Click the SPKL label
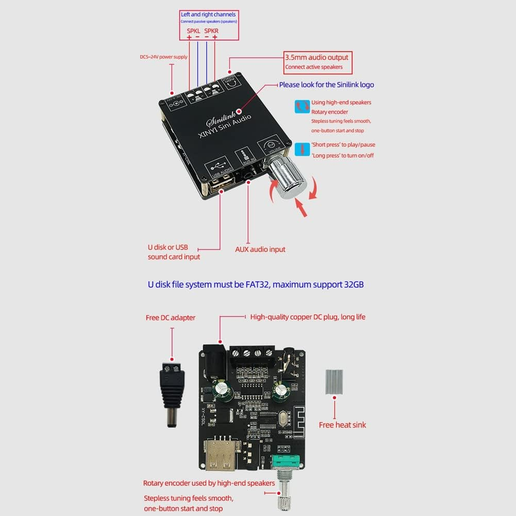tap(193, 30)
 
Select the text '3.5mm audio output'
tap(317, 57)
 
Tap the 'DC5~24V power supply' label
tap(163, 57)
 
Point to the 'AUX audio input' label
tap(260, 249)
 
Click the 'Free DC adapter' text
tap(171, 318)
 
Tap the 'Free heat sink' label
tap(342, 425)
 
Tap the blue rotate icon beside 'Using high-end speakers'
tap(302, 107)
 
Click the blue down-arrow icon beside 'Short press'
tap(302, 150)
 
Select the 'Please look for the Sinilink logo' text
tap(326, 85)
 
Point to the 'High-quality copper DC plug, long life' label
tap(307, 317)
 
